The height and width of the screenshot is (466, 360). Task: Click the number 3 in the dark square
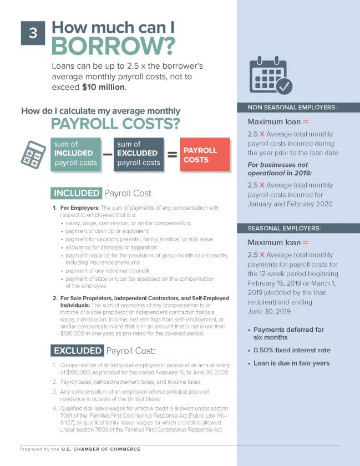pyautogui.click(x=33, y=33)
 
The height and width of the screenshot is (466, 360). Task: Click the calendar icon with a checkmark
pyautogui.click(x=270, y=75)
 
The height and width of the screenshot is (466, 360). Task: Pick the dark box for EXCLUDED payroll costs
pyautogui.click(x=139, y=154)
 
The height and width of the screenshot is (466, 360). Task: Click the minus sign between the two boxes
pyautogui.click(x=108, y=155)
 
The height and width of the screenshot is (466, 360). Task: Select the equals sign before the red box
pyautogui.click(x=172, y=155)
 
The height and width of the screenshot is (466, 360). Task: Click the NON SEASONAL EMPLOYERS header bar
pyautogui.click(x=298, y=108)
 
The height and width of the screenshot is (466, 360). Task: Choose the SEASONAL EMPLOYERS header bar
pyautogui.click(x=298, y=229)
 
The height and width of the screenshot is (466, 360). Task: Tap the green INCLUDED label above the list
pyautogui.click(x=76, y=194)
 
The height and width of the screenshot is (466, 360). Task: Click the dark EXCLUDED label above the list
pyautogui.click(x=78, y=351)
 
